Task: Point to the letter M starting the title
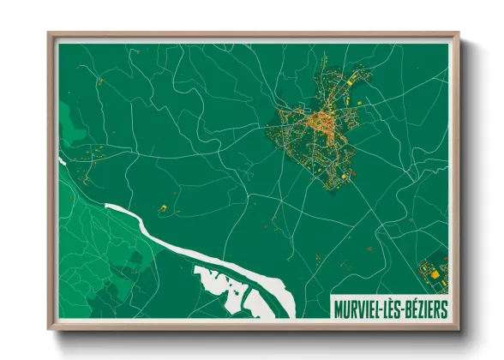point(337,307)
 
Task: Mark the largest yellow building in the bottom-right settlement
point(434,274)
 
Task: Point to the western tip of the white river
point(60,159)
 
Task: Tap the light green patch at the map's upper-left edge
point(68,115)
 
